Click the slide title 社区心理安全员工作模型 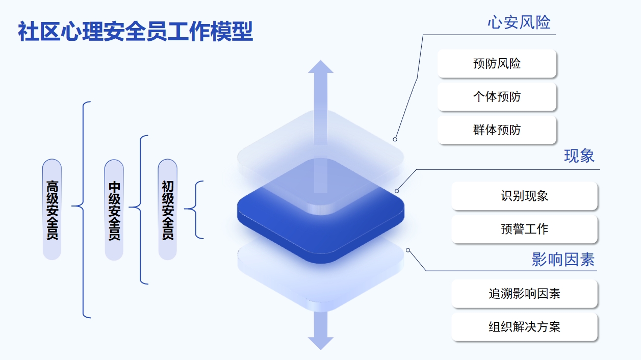pos(135,32)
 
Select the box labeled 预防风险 pos(497,64)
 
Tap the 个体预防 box pos(497,97)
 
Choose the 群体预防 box pos(497,130)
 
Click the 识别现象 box pos(524,196)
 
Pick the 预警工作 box pos(524,229)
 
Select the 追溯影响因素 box pos(524,294)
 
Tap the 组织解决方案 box pos(524,327)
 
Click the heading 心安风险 pos(519,22)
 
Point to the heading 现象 pos(579,156)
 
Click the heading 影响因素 pos(563,260)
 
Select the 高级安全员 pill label pos(52,210)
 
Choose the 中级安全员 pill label pos(114,210)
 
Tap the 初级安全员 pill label pos(168,210)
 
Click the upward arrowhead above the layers pos(320,67)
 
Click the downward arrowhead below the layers pos(320,343)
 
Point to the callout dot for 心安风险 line pos(395,139)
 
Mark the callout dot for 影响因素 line pos(408,250)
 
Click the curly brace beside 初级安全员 pos(196,210)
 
